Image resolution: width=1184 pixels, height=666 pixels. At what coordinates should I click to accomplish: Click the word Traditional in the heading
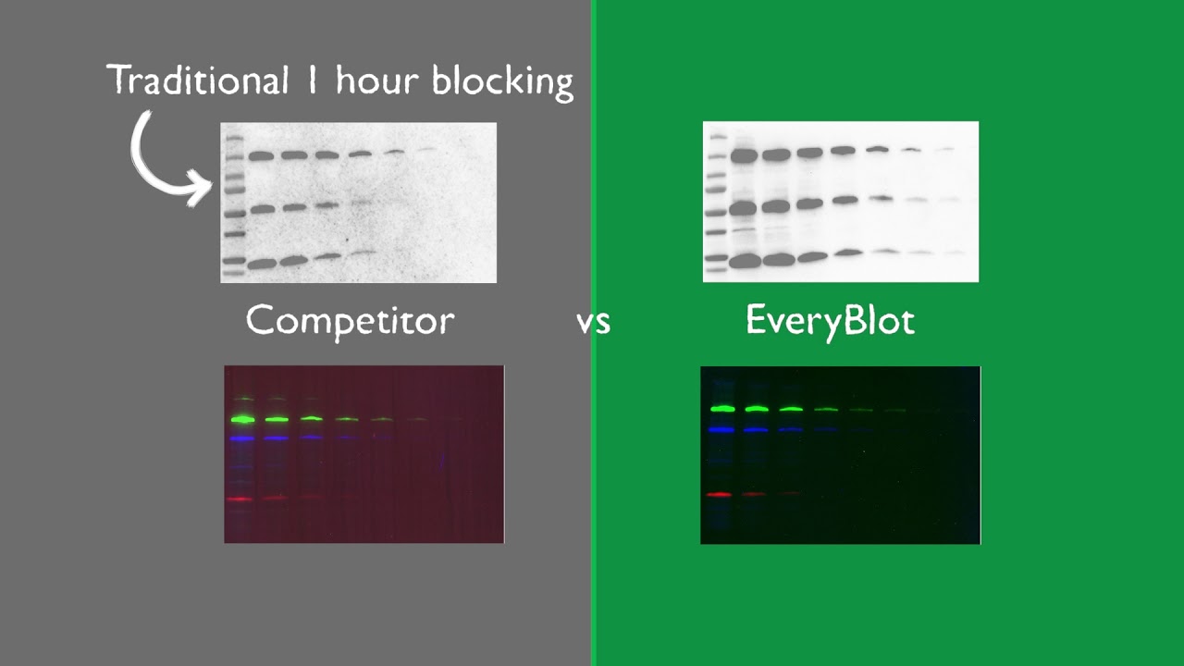198,81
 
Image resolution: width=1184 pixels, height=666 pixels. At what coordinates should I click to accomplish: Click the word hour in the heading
377,81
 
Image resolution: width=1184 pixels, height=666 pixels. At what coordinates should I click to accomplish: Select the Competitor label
350,321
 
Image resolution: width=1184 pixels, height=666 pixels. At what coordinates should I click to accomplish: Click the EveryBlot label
830,320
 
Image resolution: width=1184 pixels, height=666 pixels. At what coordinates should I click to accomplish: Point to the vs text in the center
593,323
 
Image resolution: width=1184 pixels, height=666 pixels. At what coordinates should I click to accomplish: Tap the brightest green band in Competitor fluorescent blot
242,419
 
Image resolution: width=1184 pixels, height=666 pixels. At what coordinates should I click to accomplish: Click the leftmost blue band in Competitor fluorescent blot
242,438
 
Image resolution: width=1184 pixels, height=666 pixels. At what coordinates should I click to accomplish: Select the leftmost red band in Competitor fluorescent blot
240,499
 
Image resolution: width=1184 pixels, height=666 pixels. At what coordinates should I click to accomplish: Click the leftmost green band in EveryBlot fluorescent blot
722,408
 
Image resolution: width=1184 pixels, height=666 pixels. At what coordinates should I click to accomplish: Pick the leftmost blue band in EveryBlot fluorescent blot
721,429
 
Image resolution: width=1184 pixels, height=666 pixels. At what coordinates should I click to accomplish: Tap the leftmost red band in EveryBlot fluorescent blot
720,494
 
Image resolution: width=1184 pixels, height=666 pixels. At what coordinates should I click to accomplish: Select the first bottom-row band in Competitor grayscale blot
262,264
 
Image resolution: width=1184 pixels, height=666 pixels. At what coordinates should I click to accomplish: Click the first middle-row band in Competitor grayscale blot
263,210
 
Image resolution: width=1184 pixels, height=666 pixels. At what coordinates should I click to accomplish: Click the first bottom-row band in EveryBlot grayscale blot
744,262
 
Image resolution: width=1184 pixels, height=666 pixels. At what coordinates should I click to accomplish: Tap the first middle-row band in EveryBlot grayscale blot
743,209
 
